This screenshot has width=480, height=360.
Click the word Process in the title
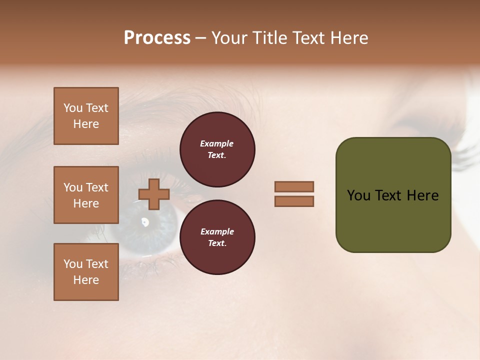coord(157,38)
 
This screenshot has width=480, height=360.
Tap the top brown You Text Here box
coord(86,116)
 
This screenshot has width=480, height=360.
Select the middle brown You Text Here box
coord(86,195)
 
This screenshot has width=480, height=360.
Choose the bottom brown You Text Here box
coord(86,272)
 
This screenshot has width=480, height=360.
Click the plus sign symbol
coord(154,194)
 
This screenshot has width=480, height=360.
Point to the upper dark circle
coord(217,149)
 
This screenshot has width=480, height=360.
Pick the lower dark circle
coord(217,237)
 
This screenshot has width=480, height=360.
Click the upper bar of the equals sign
coord(294,187)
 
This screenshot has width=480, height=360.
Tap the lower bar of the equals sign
coord(294,201)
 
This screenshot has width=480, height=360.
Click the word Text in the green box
coord(389,195)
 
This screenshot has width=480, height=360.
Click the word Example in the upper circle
coord(217,143)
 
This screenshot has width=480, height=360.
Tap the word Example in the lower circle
coord(217,231)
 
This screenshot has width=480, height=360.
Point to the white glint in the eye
coord(145,221)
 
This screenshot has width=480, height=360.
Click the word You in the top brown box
coord(72,108)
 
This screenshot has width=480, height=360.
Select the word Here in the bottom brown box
coord(86,280)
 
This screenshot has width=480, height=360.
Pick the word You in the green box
coord(358,195)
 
